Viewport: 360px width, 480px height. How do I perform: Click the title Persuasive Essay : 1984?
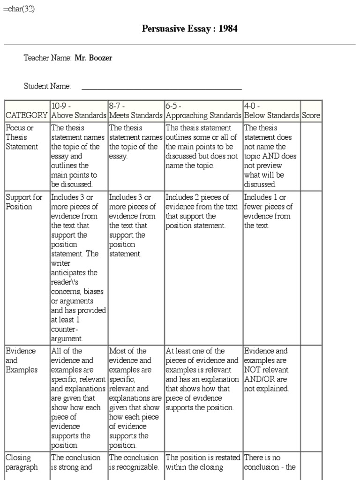pos(189,29)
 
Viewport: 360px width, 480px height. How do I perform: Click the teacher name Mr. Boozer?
pos(93,58)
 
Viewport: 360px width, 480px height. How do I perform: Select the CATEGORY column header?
pos(26,115)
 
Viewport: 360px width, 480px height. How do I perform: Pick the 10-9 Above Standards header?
pos(78,111)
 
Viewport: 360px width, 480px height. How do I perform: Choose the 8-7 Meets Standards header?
pos(135,111)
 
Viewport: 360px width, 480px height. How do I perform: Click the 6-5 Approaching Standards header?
pos(203,111)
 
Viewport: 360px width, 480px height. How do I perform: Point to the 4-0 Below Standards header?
pos(271,111)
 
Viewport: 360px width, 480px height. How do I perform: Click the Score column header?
pos(311,115)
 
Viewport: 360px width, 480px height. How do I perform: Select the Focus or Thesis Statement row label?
pos(22,137)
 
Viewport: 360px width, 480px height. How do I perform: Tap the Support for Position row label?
pos(19,202)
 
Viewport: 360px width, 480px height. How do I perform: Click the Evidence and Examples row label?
pos(22,360)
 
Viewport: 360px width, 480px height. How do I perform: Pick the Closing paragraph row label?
pos(22,462)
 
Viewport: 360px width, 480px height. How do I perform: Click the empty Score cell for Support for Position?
pos(311,268)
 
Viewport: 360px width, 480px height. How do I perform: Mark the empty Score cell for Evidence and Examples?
pos(311,398)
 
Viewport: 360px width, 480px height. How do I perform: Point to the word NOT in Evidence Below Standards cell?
pos(252,370)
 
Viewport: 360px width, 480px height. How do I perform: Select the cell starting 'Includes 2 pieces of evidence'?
pos(203,211)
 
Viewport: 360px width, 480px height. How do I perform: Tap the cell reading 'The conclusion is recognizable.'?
pos(135,462)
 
